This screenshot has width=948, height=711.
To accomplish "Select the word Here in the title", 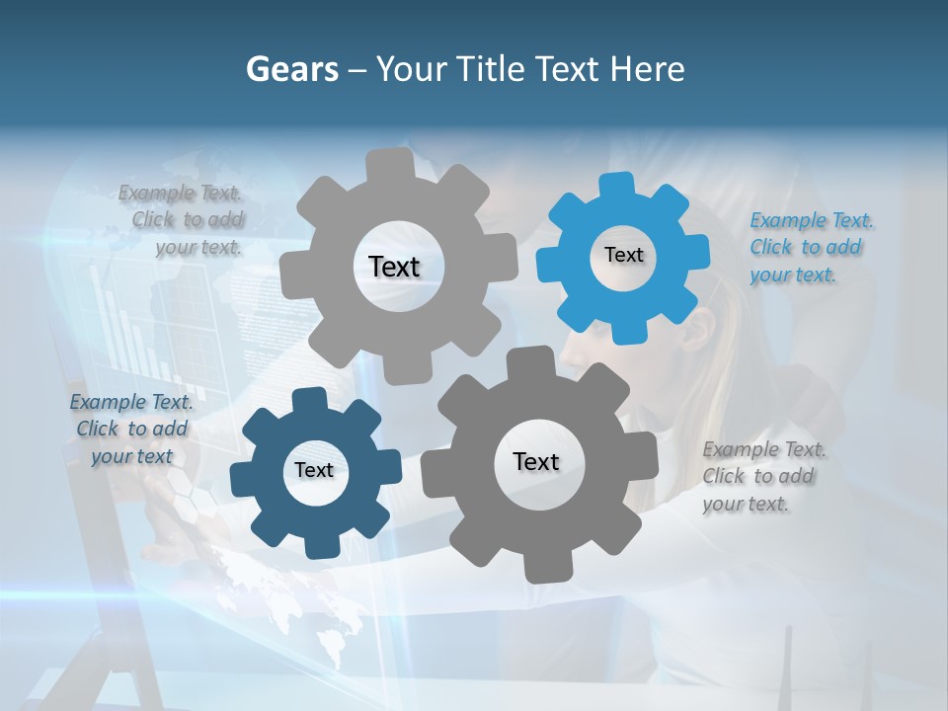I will [647, 69].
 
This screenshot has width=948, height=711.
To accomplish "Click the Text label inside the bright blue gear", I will [623, 255].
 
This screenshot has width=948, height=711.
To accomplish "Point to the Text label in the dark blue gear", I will [314, 470].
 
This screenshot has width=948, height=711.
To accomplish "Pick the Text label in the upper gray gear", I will [394, 267].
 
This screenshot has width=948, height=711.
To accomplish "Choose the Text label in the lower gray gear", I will [536, 461].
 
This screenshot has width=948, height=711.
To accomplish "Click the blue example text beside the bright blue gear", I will [810, 247].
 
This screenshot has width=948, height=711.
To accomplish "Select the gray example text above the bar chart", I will [182, 219].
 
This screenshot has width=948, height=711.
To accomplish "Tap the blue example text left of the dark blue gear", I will [131, 429].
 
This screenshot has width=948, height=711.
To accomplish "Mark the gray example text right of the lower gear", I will [762, 476].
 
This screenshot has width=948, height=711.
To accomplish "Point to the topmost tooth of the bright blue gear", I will [617, 184].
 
